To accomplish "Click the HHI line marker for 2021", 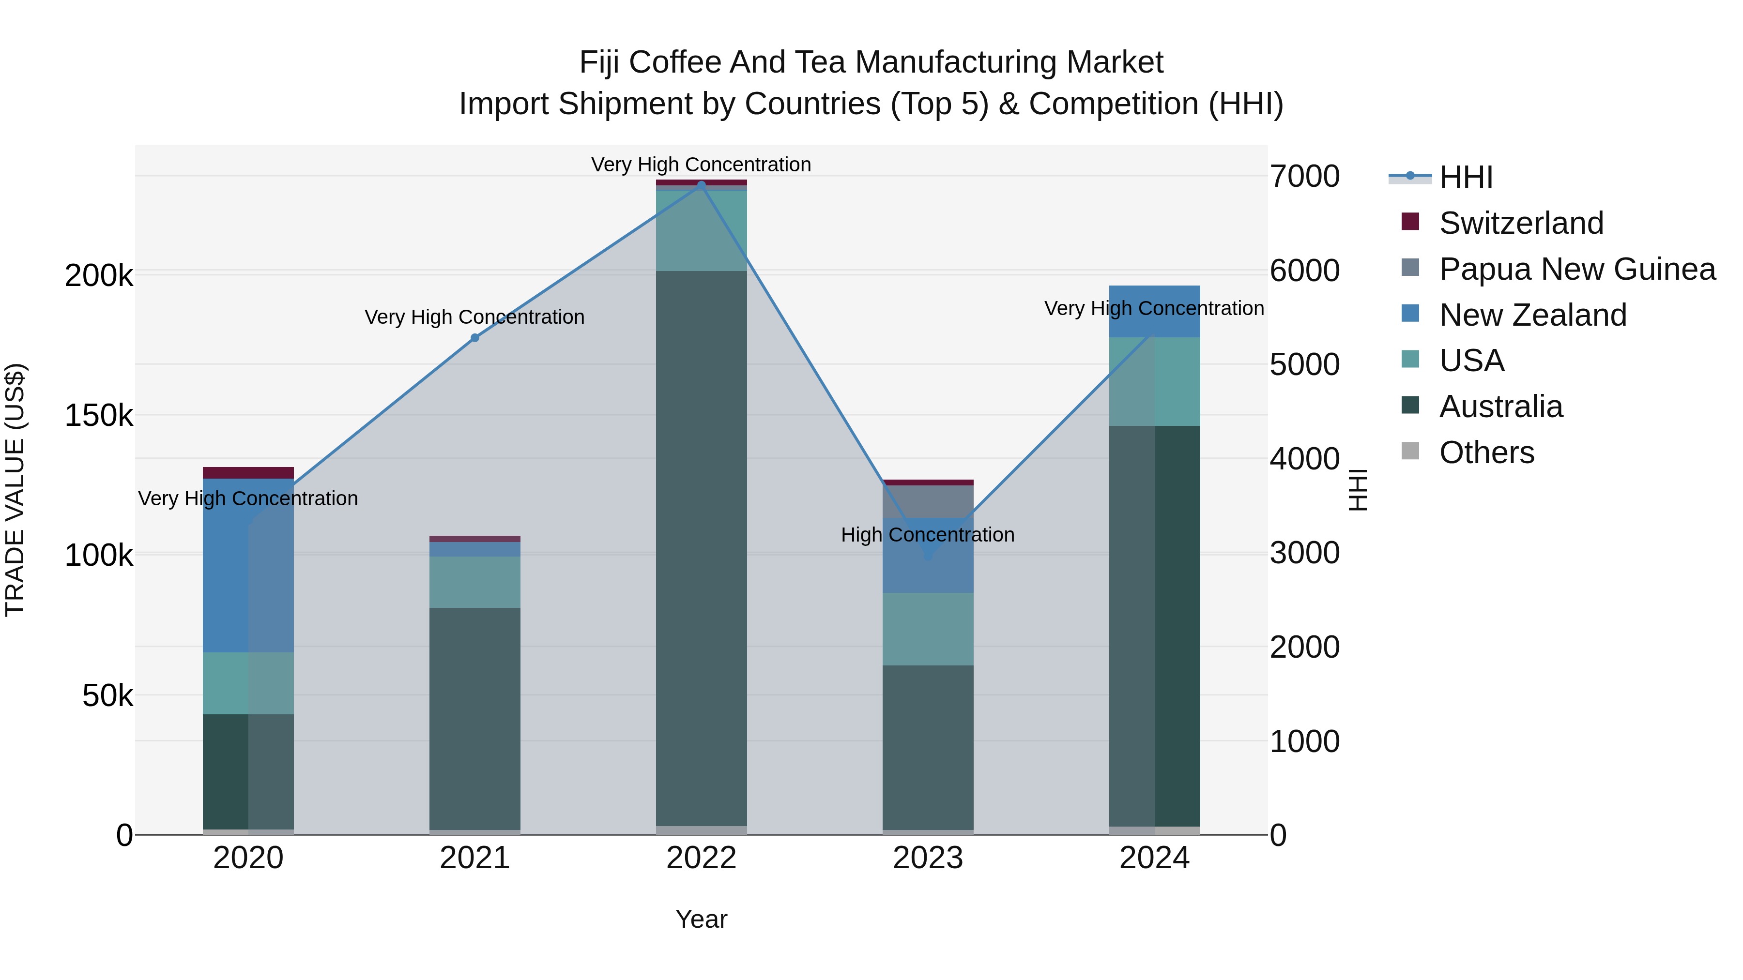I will (x=474, y=337).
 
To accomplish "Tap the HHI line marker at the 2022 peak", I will (x=701, y=185).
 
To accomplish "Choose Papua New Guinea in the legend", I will (x=1576, y=269).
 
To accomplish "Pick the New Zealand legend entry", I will (x=1532, y=315).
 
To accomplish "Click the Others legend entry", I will (x=1486, y=452).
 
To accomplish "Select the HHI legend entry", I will (x=1465, y=177).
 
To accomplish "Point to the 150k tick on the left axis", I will (x=99, y=415).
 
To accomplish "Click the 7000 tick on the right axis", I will (x=1304, y=177).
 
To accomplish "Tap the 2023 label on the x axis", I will (x=928, y=858).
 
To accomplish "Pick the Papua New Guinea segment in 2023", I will (x=928, y=501).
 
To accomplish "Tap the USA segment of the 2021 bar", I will (x=474, y=582).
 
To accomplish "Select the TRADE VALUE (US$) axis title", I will (x=15, y=490).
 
